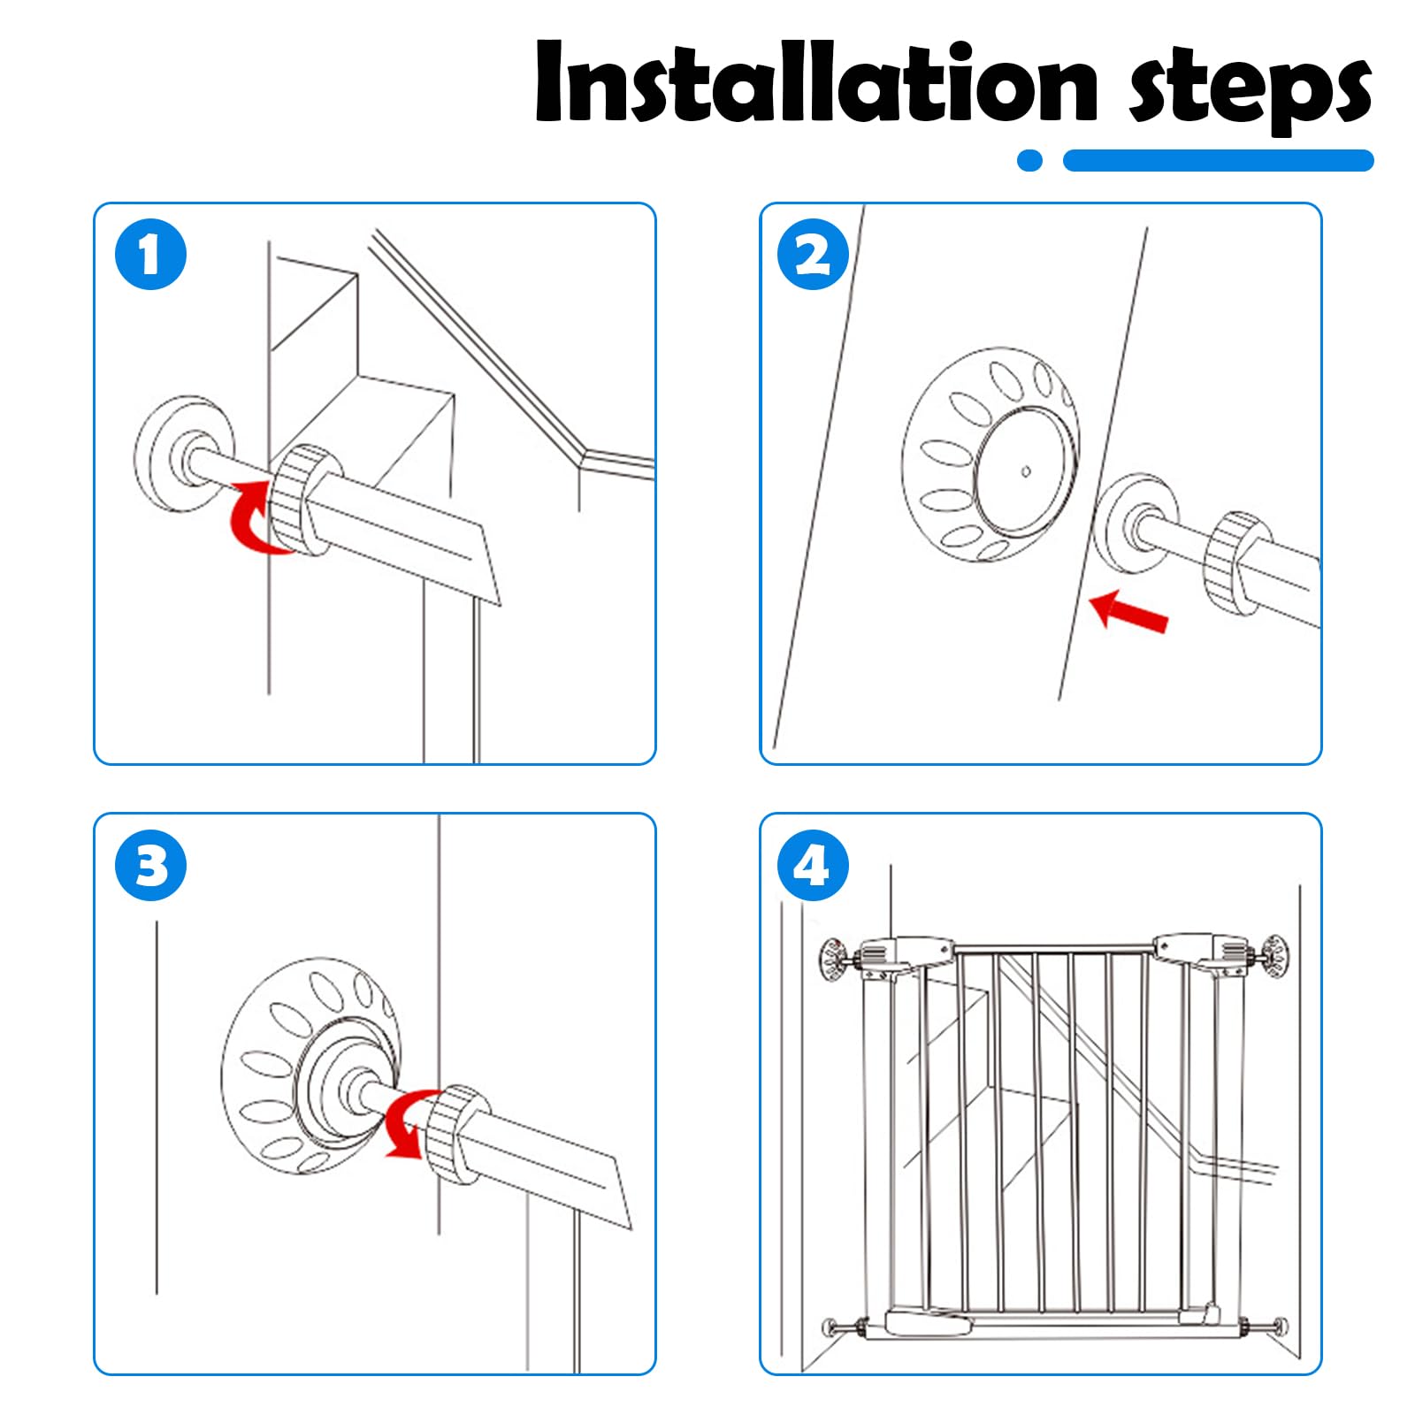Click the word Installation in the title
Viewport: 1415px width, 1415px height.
tap(816, 82)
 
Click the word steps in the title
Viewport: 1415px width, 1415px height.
tap(1250, 88)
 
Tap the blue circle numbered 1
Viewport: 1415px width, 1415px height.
tap(151, 255)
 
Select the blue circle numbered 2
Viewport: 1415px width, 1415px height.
tap(813, 255)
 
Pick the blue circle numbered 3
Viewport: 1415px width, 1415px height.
tap(151, 865)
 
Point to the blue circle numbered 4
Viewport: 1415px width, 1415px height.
tap(813, 865)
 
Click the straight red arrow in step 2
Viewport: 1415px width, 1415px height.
tap(1129, 611)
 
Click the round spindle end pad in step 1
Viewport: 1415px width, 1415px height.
tap(184, 453)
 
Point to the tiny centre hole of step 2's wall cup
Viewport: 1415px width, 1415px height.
tap(1026, 471)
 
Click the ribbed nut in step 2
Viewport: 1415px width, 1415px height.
tap(1237, 563)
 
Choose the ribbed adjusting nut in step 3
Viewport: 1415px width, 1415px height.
tap(456, 1135)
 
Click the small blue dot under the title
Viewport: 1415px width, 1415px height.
tap(1030, 160)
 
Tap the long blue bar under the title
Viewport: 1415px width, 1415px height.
tap(1218, 160)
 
